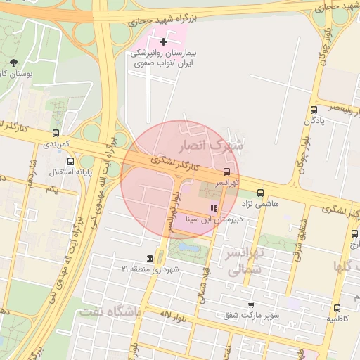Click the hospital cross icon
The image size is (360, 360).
click(x=164, y=42)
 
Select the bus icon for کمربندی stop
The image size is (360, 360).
click(x=56, y=133)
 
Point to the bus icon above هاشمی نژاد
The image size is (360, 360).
click(x=261, y=192)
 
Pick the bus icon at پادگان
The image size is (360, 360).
click(x=314, y=110)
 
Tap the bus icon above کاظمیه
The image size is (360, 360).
click(x=337, y=308)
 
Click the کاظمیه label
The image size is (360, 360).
click(x=337, y=319)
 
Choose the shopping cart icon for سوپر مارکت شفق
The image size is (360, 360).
click(x=251, y=304)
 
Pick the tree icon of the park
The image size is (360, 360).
click(x=15, y=63)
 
